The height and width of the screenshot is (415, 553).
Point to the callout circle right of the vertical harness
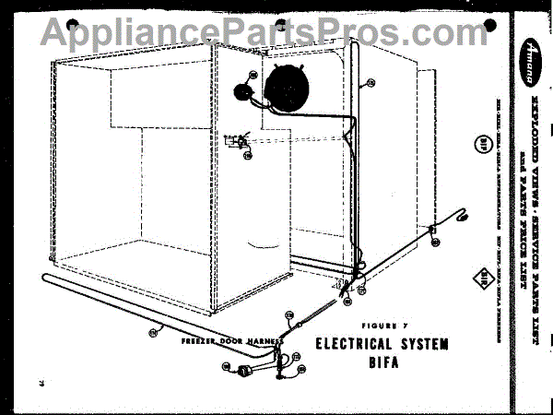[x=371, y=84]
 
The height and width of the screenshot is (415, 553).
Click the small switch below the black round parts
[x=241, y=140]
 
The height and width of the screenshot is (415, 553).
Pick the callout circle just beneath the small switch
[x=248, y=155]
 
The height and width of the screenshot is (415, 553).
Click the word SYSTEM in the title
[x=422, y=345]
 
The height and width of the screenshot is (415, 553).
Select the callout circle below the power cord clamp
[x=435, y=243]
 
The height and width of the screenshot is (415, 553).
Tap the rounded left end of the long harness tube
[x=45, y=279]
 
